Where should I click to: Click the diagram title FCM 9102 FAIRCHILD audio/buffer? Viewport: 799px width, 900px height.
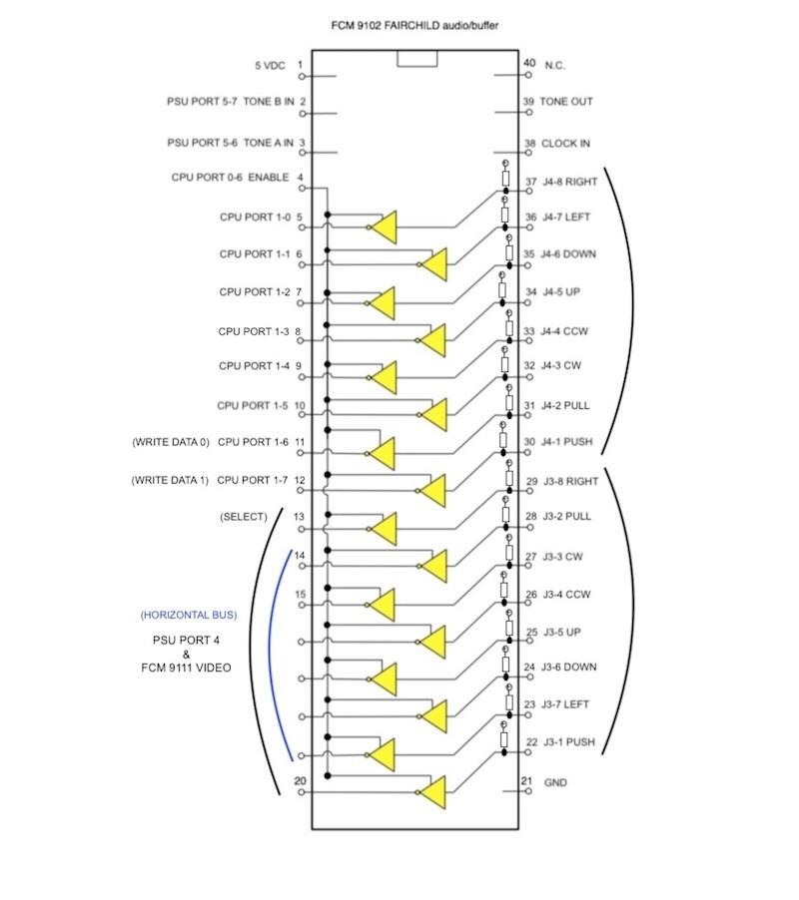[x=414, y=25]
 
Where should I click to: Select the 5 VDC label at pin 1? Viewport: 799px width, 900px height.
[x=270, y=66]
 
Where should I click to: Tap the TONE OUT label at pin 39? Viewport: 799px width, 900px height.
[x=565, y=102]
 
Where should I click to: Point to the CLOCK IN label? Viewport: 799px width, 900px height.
[x=565, y=144]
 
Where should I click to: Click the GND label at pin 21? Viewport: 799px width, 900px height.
[x=555, y=783]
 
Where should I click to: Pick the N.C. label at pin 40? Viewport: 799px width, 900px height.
[x=554, y=66]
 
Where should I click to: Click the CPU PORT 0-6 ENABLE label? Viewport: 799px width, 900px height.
[x=230, y=178]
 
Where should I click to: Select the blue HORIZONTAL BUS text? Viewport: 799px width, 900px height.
[x=189, y=616]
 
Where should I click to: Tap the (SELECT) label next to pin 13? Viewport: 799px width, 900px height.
[x=244, y=517]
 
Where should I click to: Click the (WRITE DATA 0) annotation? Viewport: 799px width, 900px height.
[x=171, y=442]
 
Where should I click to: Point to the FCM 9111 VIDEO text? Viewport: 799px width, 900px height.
[x=186, y=668]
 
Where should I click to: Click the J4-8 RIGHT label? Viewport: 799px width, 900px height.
[x=570, y=182]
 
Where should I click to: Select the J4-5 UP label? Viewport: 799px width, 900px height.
[x=561, y=292]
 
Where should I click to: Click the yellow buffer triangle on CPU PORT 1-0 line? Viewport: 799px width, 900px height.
[x=384, y=227]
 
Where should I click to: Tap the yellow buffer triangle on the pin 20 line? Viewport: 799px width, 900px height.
[x=433, y=792]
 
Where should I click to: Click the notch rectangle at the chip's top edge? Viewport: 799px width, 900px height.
[x=417, y=59]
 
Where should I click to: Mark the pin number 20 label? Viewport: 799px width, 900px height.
[x=300, y=781]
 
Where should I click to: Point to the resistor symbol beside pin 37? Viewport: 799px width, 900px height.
[x=505, y=178]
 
